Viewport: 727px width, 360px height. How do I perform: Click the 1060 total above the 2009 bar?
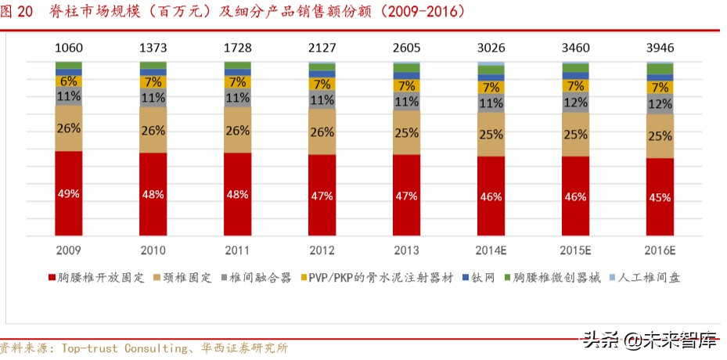coord(68,49)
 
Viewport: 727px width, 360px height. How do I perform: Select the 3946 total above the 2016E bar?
coord(660,49)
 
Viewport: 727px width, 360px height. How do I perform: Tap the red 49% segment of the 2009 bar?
coord(68,193)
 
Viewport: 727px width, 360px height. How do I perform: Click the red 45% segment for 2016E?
coord(660,197)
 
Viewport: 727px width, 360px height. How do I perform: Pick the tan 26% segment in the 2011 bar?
coord(237,131)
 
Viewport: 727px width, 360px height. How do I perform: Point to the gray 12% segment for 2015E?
coord(575,103)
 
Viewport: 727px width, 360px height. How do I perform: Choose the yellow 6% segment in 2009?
coord(68,81)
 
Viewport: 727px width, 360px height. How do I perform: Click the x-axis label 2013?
coord(406,250)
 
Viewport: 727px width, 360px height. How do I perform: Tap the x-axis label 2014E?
coord(491,250)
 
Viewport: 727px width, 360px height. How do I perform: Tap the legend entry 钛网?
coord(484,278)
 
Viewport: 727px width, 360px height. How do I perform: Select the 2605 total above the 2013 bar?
coord(406,49)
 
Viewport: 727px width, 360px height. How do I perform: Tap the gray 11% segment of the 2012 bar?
coord(322,100)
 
